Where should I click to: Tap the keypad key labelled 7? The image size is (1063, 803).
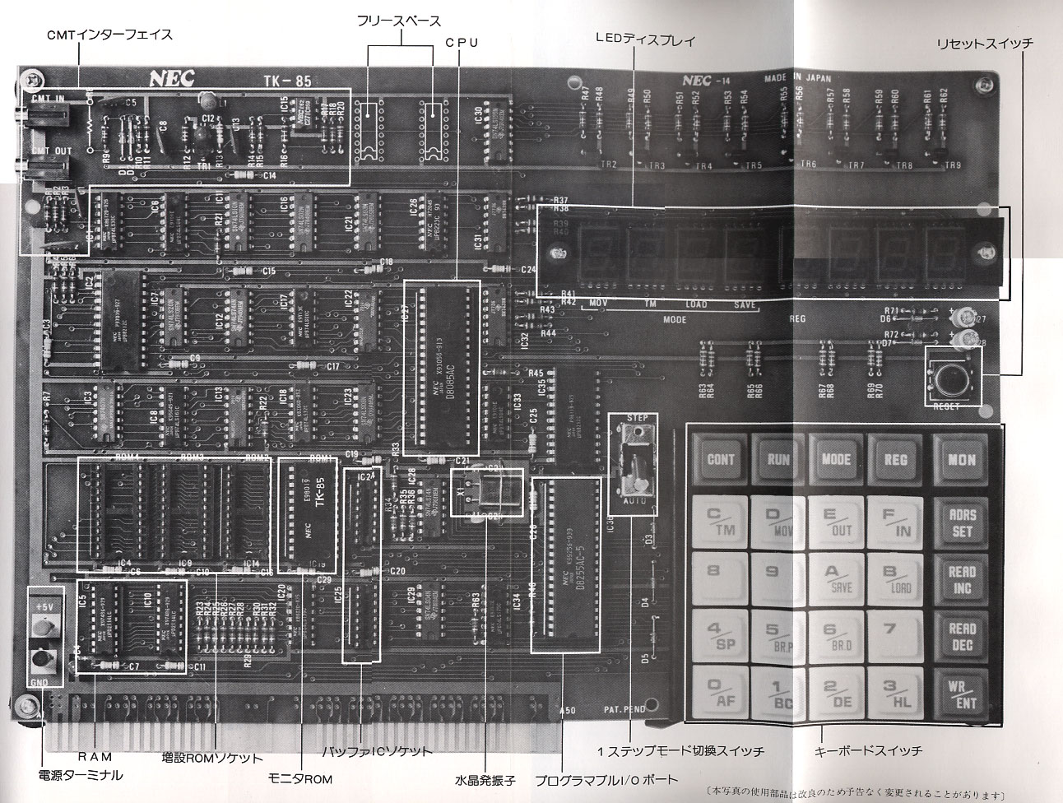click(890, 634)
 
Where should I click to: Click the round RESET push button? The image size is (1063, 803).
click(952, 379)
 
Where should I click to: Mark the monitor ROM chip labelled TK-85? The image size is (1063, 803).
click(308, 515)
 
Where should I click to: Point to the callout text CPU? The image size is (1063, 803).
click(462, 42)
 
